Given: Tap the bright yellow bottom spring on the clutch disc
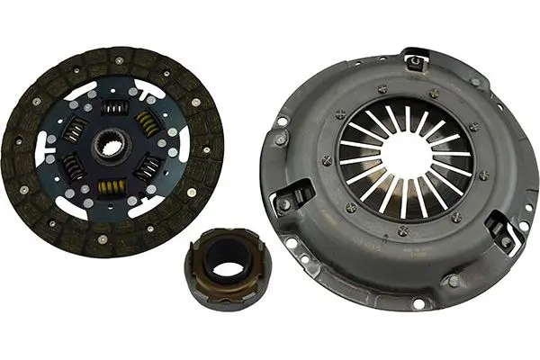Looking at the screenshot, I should point(112,187).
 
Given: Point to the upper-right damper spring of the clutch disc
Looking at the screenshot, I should point(147,125).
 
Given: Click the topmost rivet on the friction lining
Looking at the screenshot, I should point(118,61).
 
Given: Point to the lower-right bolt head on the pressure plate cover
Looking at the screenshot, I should point(453,282).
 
